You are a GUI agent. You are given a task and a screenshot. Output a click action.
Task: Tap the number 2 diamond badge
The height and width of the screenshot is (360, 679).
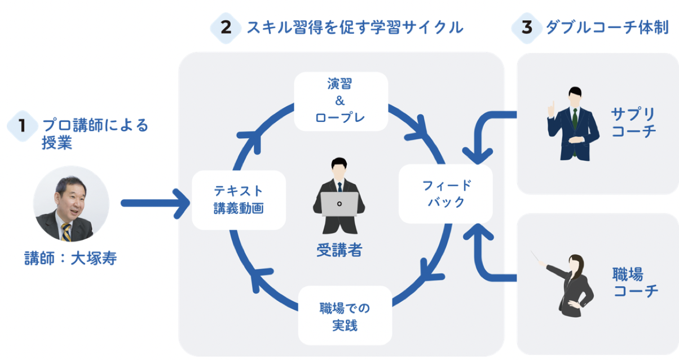tap(226, 27)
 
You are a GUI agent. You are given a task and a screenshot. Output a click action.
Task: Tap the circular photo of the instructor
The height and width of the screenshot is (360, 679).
tap(70, 204)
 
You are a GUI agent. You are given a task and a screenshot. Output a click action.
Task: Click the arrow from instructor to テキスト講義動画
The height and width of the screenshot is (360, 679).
tap(155, 203)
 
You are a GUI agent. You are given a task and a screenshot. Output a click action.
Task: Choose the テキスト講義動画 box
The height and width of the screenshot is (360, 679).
tap(239, 200)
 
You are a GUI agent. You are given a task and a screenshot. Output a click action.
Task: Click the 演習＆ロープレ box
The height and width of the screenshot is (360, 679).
tap(341, 101)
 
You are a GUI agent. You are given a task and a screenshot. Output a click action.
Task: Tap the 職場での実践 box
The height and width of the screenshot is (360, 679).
tap(345, 316)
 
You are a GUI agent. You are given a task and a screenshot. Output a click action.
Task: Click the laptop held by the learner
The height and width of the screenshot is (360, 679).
tap(339, 204)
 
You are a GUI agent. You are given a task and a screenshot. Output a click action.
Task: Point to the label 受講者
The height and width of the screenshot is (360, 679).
tap(339, 249)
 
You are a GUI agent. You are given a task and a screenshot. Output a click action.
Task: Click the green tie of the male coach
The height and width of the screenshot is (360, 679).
tap(575, 118)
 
